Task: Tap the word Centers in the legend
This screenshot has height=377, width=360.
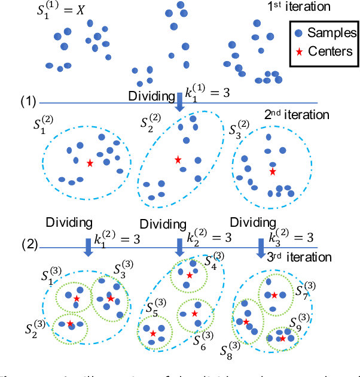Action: coord(330,51)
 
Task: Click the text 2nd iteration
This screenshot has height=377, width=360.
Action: coord(297,114)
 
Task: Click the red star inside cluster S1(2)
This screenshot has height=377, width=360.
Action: coord(90,163)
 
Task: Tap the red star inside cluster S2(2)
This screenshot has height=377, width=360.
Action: coord(178,160)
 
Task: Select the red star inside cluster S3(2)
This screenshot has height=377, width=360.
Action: coord(273,172)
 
